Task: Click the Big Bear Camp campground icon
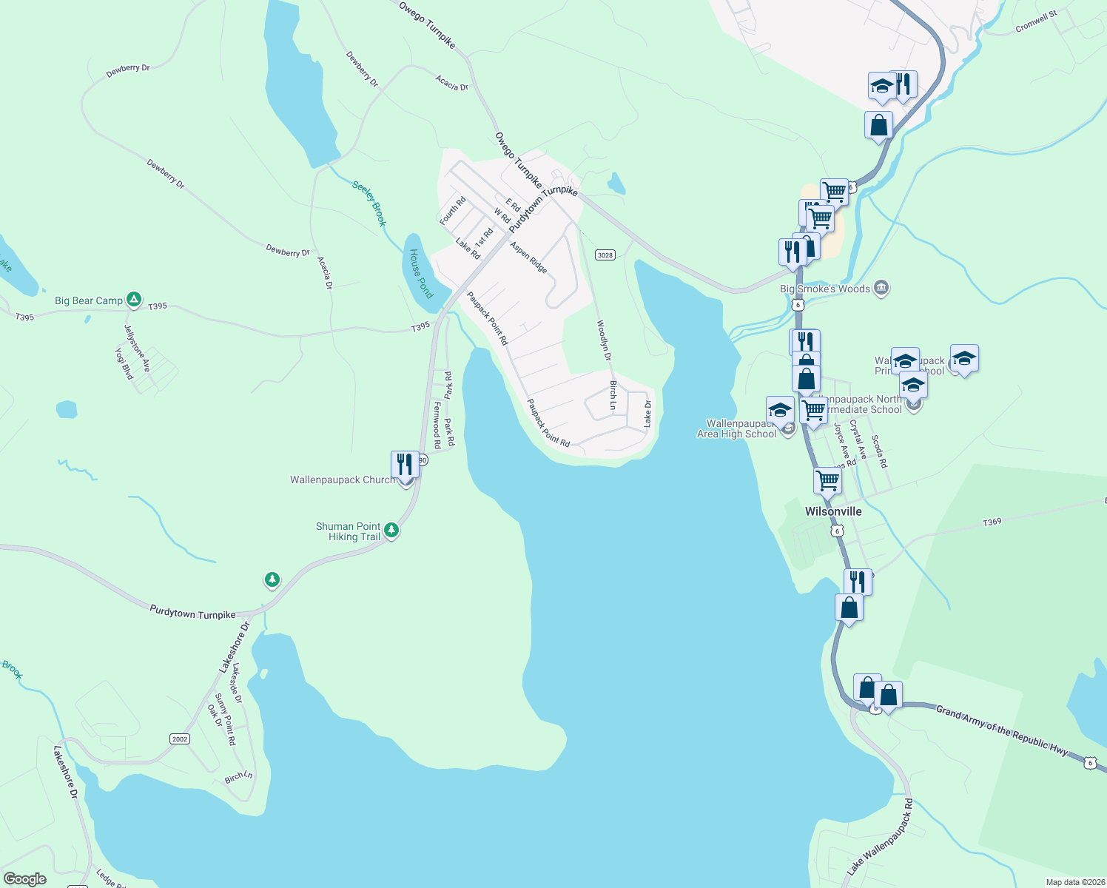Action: point(134,300)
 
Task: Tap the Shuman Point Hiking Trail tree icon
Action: point(391,530)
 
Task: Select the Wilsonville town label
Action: point(833,511)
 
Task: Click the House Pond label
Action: point(421,274)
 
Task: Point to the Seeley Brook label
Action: point(369,203)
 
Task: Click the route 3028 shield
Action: point(605,255)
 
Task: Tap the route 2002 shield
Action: point(180,739)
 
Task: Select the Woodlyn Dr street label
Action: point(604,340)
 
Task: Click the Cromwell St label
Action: point(1036,21)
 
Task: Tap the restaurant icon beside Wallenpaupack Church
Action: point(404,464)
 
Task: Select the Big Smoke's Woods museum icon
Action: point(881,288)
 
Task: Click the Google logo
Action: point(25,878)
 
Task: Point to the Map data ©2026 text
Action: point(1074,882)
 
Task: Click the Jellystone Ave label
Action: point(137,349)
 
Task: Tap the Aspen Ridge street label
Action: point(528,257)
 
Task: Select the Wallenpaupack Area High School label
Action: point(737,429)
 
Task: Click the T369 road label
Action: point(992,522)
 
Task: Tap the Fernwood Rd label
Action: point(437,425)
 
